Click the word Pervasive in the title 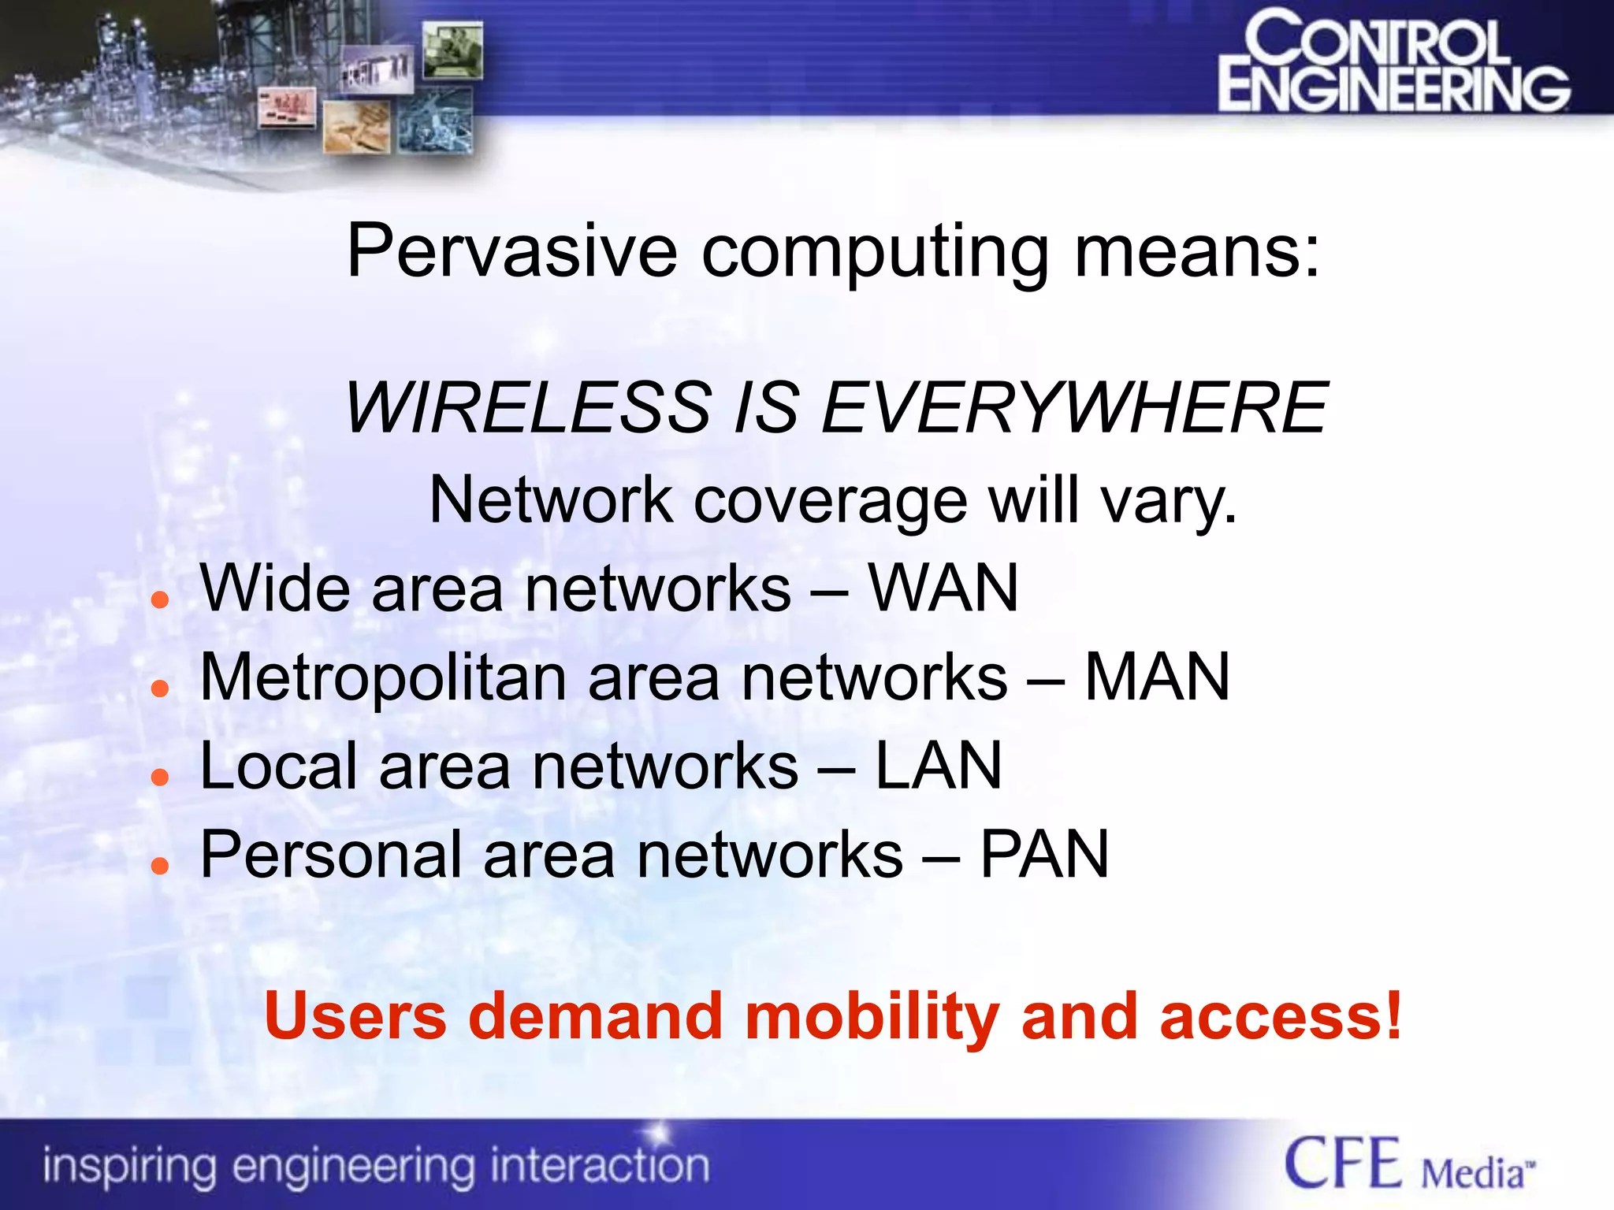[x=511, y=251]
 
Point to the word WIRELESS [x=528, y=407]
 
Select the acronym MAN [x=1157, y=677]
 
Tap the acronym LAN [x=939, y=766]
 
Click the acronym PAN [x=1044, y=855]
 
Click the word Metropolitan [x=383, y=678]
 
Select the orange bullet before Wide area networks [x=160, y=600]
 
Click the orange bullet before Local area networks [x=160, y=778]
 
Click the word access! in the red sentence [x=1280, y=1016]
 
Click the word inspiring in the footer [x=129, y=1167]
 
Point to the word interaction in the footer [x=599, y=1165]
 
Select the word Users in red [x=355, y=1016]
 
